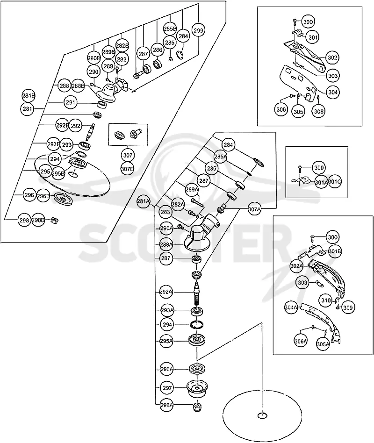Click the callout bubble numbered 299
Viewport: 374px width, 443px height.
pos(198,30)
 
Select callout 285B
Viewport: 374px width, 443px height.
pos(170,29)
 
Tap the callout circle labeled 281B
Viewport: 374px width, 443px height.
pos(28,96)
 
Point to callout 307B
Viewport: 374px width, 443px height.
pos(128,169)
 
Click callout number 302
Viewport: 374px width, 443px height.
pos(332,57)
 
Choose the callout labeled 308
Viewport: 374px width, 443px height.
pos(319,111)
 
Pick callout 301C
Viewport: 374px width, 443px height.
pos(334,182)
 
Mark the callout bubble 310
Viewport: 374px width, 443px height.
pos(326,300)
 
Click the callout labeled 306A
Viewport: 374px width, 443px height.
pos(301,341)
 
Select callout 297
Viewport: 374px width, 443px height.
pos(167,388)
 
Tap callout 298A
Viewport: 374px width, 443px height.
pos(166,405)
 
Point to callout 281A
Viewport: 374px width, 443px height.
pos(144,201)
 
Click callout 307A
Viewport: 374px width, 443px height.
pos(255,209)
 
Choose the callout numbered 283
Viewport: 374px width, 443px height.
pos(165,212)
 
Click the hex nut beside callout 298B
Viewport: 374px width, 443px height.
pos(54,220)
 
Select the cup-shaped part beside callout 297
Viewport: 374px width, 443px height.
pos(197,388)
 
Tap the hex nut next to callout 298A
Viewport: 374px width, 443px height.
pos(197,407)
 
